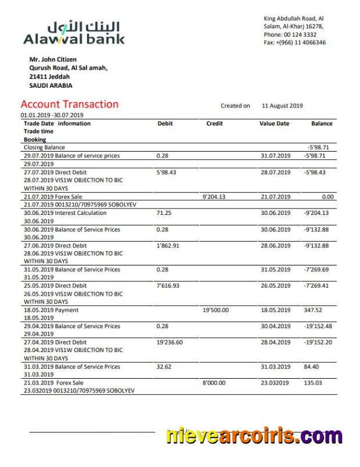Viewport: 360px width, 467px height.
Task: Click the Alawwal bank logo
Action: click(74, 33)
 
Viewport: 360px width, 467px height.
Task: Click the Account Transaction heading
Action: click(69, 105)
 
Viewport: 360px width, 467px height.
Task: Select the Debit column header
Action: click(165, 124)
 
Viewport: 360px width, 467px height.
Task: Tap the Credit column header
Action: click(214, 124)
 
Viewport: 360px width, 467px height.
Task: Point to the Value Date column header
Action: click(274, 124)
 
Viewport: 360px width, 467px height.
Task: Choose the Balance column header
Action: click(322, 124)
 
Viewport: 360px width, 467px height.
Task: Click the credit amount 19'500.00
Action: click(215, 310)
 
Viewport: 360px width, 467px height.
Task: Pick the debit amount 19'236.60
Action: click(170, 343)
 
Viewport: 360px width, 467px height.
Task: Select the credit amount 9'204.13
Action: click(214, 197)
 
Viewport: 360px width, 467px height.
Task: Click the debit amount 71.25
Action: click(164, 213)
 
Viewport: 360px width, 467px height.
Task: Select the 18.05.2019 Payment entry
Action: click(51, 310)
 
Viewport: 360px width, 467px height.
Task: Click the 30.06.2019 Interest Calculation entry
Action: click(65, 213)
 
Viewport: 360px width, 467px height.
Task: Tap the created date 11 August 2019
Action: click(282, 106)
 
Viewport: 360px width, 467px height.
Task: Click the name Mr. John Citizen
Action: click(53, 59)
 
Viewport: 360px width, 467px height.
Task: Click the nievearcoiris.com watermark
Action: click(254, 435)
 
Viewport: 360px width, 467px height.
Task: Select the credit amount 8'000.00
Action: click(214, 383)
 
